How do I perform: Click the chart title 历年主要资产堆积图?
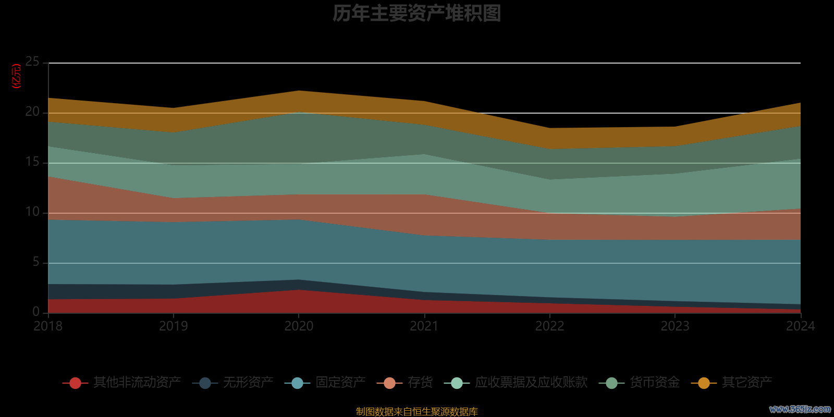pos(416,14)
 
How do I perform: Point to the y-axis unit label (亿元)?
pos(17,76)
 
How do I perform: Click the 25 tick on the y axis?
pos(32,62)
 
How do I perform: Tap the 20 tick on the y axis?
pos(32,112)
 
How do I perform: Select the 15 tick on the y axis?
pos(32,162)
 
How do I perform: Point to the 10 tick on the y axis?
pos(32,212)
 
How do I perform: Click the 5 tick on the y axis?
pos(36,262)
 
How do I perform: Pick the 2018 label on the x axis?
pos(48,326)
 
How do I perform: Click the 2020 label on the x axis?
pos(299,326)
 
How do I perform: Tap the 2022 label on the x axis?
pos(549,326)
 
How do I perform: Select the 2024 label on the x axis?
pos(800,326)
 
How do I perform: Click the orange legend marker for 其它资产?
pos(704,383)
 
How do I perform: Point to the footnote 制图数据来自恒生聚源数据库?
pos(416,412)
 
